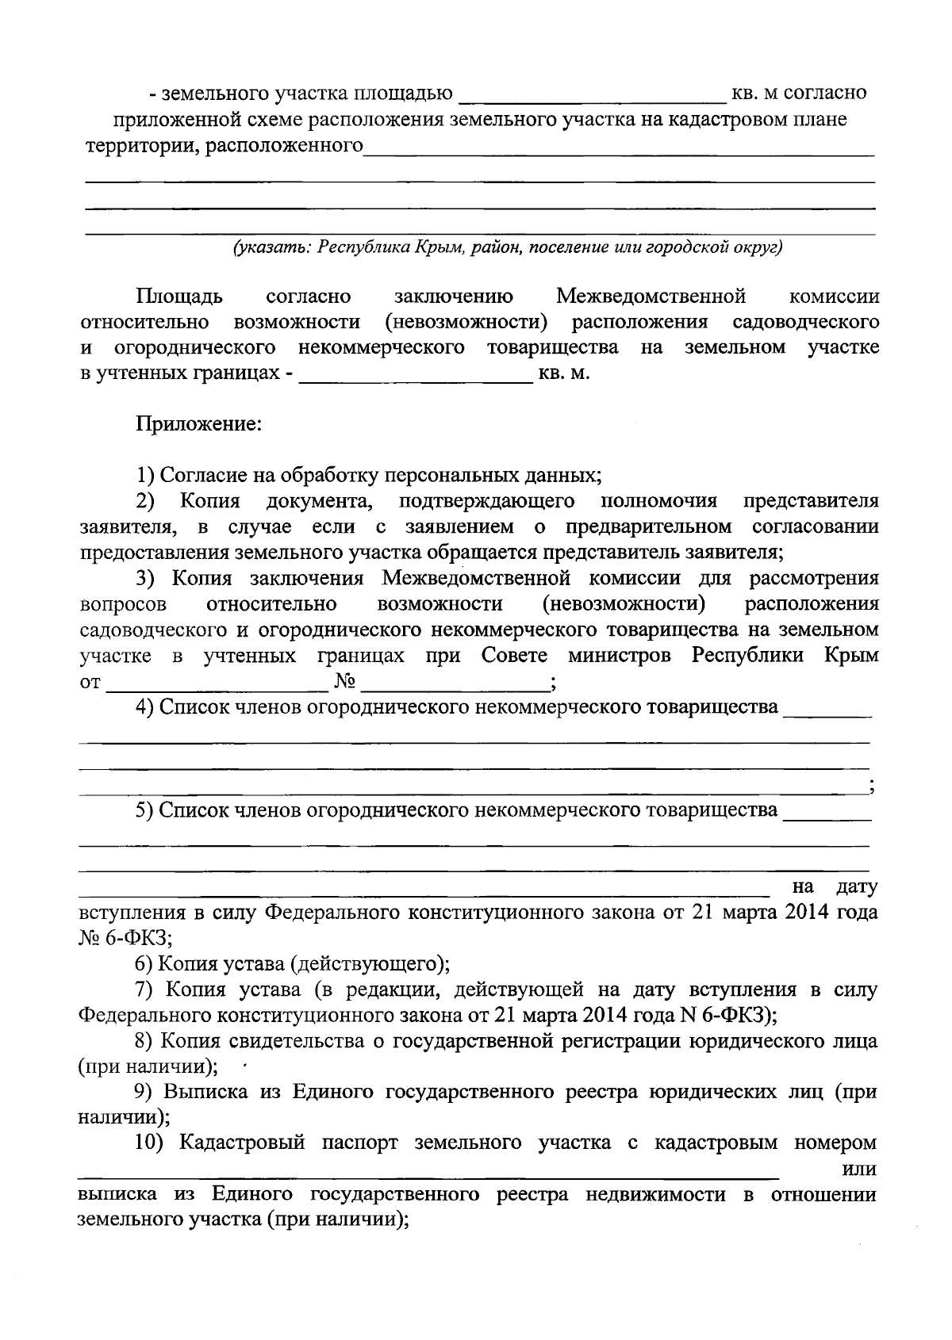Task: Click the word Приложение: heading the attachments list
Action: (199, 424)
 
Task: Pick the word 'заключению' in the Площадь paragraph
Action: (454, 297)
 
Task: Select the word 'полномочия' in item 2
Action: (659, 501)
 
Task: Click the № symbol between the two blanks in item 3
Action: (344, 682)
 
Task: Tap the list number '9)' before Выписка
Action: (144, 1093)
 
